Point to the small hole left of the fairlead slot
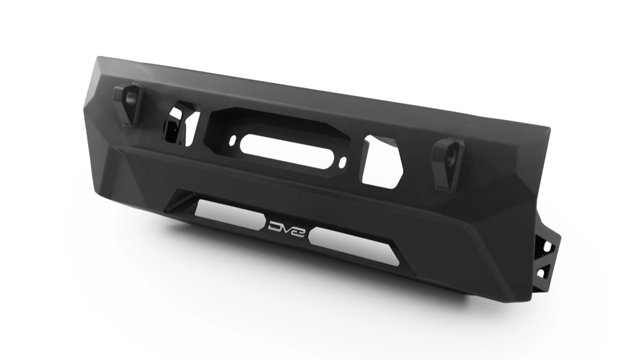click(x=233, y=140)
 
